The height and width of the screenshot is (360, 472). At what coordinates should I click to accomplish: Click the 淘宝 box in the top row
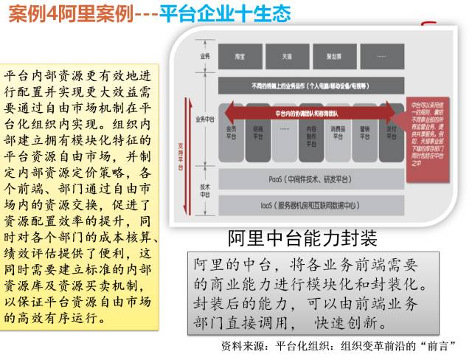tap(240, 56)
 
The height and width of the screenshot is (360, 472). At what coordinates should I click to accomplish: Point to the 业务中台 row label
tap(204, 118)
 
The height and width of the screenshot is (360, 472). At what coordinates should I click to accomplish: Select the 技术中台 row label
tap(204, 190)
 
